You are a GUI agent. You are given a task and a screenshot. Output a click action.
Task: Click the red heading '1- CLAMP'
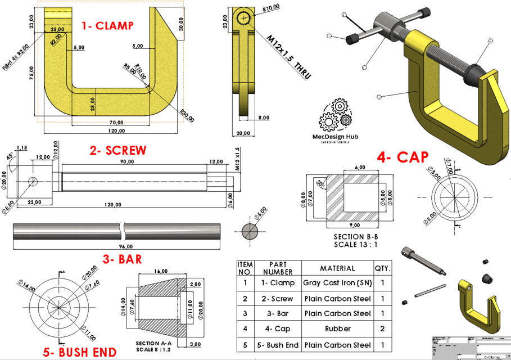tap(107, 25)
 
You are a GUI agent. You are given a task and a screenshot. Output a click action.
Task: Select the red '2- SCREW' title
tap(118, 150)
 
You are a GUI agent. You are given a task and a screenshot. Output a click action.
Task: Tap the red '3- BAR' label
tap(121, 259)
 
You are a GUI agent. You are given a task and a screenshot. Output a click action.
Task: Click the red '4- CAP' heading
tap(403, 157)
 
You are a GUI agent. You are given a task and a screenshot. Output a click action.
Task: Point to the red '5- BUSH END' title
tap(80, 353)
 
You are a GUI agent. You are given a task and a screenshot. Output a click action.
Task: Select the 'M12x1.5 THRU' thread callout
tap(288, 57)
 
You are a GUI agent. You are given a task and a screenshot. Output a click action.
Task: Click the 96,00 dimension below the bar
tap(126, 246)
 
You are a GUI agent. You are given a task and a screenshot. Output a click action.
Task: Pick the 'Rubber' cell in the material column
tap(337, 328)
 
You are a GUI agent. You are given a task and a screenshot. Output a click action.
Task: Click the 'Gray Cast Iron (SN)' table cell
tap(337, 283)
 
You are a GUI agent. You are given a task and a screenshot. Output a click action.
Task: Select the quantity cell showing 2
tap(383, 328)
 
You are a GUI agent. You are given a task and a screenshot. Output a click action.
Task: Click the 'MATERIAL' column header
tap(337, 268)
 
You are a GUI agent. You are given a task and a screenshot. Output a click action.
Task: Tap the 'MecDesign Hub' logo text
tap(336, 137)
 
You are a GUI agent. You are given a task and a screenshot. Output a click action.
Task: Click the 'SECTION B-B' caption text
tap(354, 237)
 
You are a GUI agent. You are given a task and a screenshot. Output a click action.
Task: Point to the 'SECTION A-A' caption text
tap(153, 343)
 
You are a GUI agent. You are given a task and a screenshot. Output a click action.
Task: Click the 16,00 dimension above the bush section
tap(161, 271)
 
